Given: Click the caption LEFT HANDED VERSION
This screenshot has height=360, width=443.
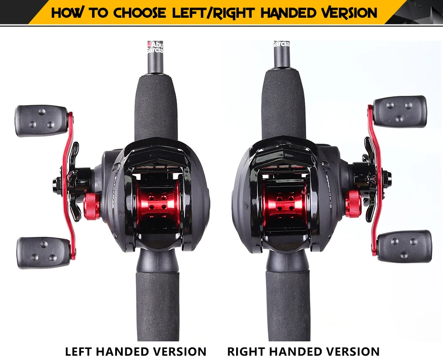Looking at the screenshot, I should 136,351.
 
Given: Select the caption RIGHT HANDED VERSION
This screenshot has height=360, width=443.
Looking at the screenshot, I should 303,351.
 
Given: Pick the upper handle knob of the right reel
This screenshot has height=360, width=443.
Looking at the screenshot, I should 400,111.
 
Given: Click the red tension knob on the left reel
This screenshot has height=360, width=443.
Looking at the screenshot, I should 92,207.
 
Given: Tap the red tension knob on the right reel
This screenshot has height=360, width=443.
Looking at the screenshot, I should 353,204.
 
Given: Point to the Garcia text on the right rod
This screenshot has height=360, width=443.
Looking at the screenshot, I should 281,45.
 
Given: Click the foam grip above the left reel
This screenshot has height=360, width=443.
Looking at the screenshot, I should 156,106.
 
